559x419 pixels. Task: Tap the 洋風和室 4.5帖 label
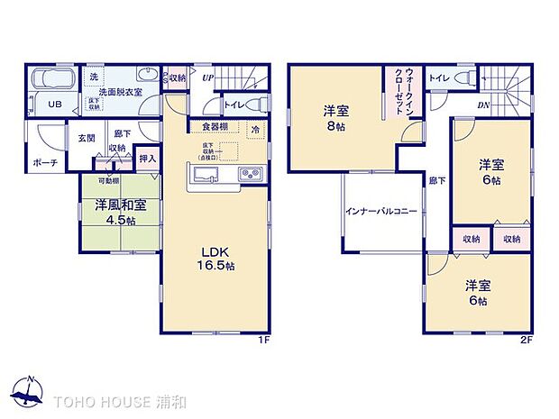click(116, 213)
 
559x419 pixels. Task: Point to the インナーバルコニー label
click(380, 212)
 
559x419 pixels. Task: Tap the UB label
click(54, 105)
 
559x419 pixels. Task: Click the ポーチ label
click(45, 162)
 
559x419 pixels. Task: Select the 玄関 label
click(86, 138)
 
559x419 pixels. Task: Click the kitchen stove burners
click(249, 173)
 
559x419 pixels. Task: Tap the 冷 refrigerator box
click(255, 129)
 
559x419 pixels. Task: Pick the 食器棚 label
click(214, 126)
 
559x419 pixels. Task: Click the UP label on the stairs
click(207, 79)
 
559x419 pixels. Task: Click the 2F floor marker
click(526, 339)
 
